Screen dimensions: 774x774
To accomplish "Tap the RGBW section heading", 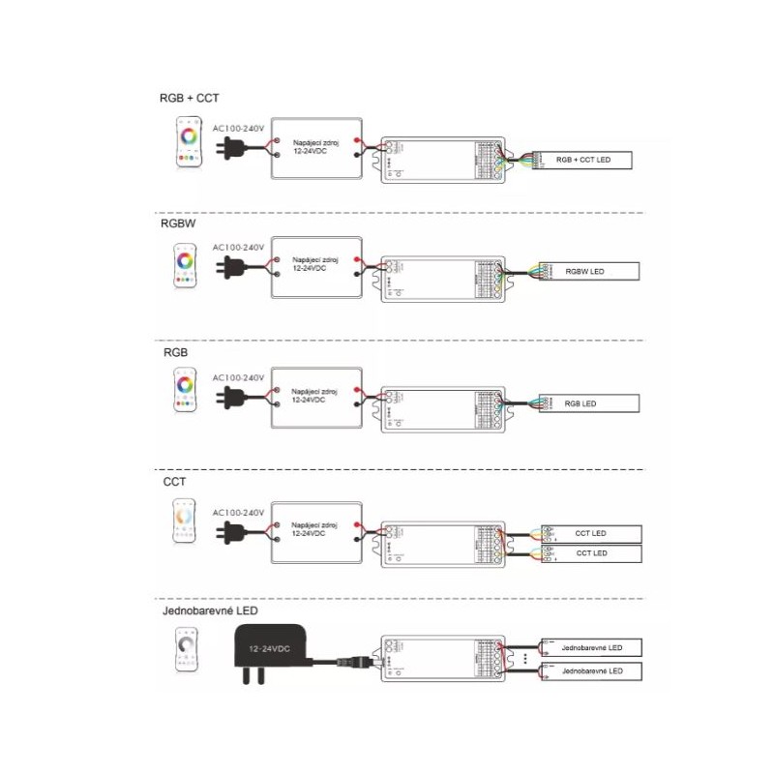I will (x=180, y=222).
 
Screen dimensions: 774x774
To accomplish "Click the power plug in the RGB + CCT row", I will (x=232, y=148).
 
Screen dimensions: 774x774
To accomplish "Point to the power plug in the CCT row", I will (x=232, y=531).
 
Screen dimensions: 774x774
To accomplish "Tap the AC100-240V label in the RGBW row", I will (x=238, y=248).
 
